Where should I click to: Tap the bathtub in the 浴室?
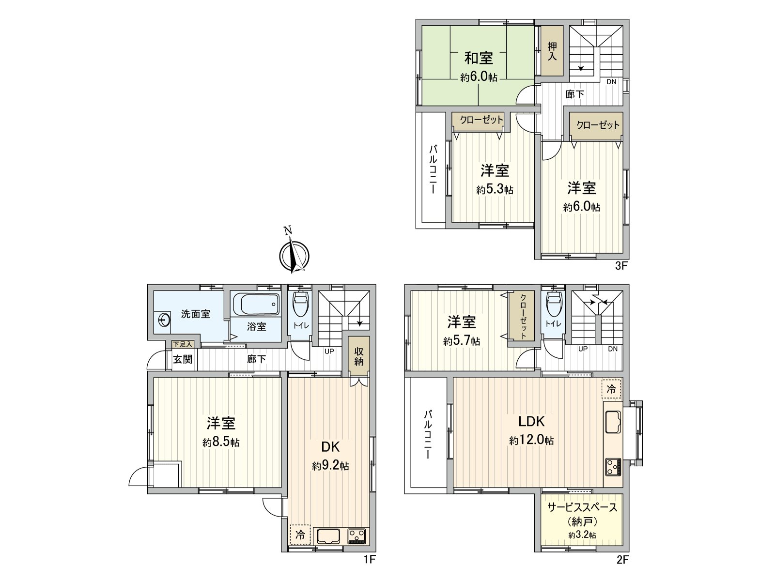pos(256,305)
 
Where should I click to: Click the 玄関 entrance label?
pos(183,359)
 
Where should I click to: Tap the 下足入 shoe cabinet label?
pos(183,344)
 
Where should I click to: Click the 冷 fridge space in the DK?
pos(300,535)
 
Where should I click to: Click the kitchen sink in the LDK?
pos(613,422)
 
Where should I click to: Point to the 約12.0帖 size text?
pos(531,440)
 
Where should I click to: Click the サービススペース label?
pos(582,507)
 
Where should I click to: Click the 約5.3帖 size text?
pos(495,190)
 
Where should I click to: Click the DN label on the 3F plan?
pos(611,82)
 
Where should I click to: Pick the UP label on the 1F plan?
pos(329,352)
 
